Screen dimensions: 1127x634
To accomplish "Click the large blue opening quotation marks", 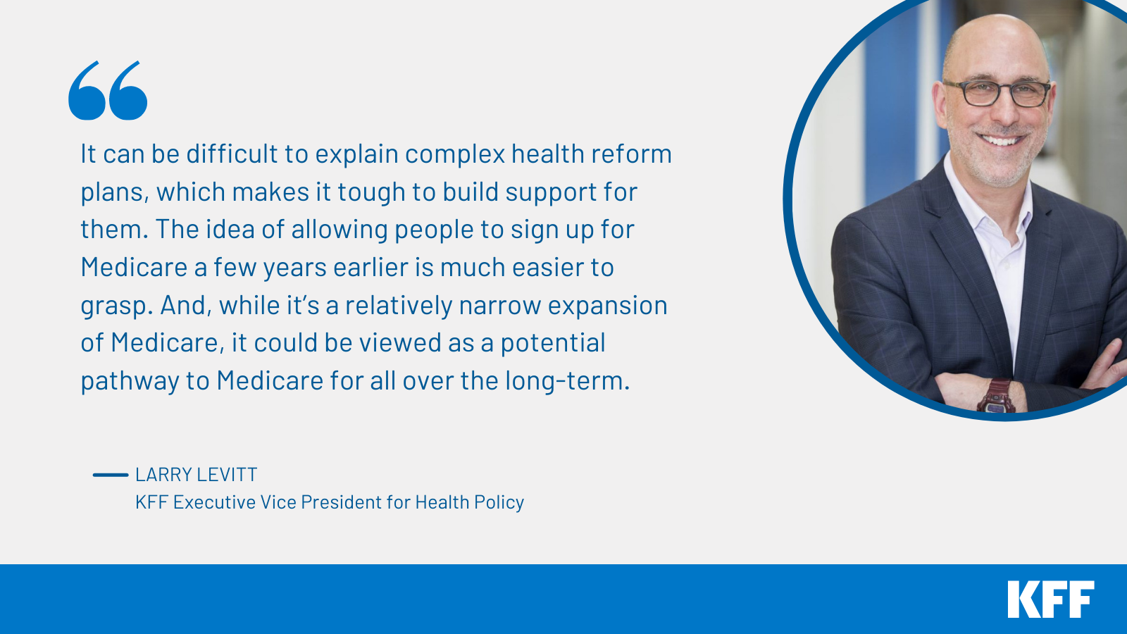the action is [108, 91].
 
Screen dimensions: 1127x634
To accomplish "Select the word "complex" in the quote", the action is [454, 154].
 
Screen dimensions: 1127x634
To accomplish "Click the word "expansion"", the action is [608, 306].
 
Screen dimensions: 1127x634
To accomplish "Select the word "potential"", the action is [553, 343].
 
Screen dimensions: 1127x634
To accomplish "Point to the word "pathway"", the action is [130, 381].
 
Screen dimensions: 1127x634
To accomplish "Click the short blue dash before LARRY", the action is [111, 475].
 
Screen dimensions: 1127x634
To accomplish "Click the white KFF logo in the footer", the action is [1051, 599].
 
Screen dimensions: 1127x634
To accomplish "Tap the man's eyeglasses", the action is [997, 94].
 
